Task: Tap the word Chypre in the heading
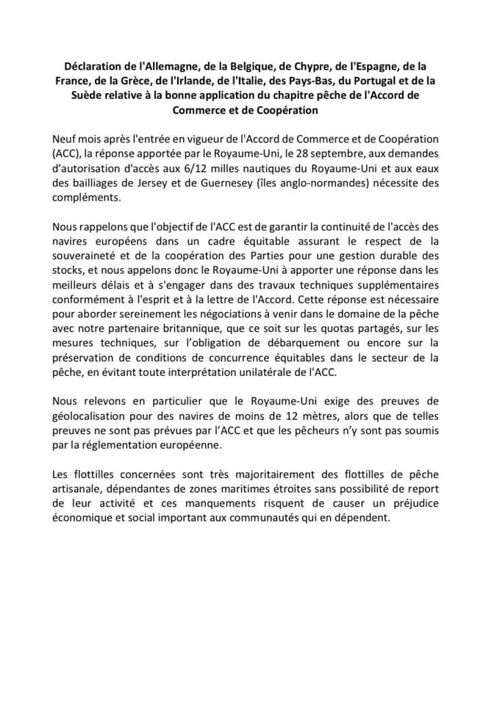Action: tap(283, 65)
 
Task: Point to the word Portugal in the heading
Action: tap(382, 81)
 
